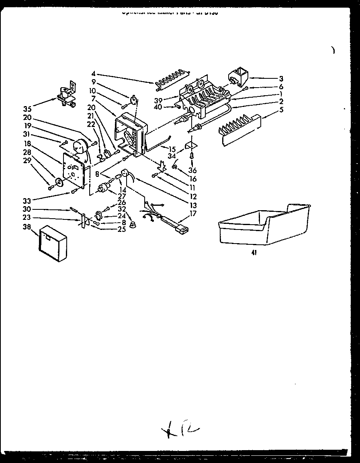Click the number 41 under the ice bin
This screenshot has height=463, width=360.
[254, 253]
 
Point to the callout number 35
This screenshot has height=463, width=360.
[27, 109]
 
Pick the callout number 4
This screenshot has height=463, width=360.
[93, 74]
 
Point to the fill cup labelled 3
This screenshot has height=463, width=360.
[239, 76]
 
